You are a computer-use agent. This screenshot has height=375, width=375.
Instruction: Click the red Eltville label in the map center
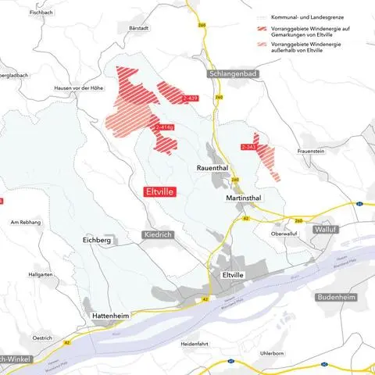click(160, 190)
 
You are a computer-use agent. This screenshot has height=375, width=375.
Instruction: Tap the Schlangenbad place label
click(235, 73)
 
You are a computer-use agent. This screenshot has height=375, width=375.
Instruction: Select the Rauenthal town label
click(212, 167)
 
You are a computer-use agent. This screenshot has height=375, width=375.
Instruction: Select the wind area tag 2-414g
click(165, 127)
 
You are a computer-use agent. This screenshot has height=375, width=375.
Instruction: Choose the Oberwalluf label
click(286, 233)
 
